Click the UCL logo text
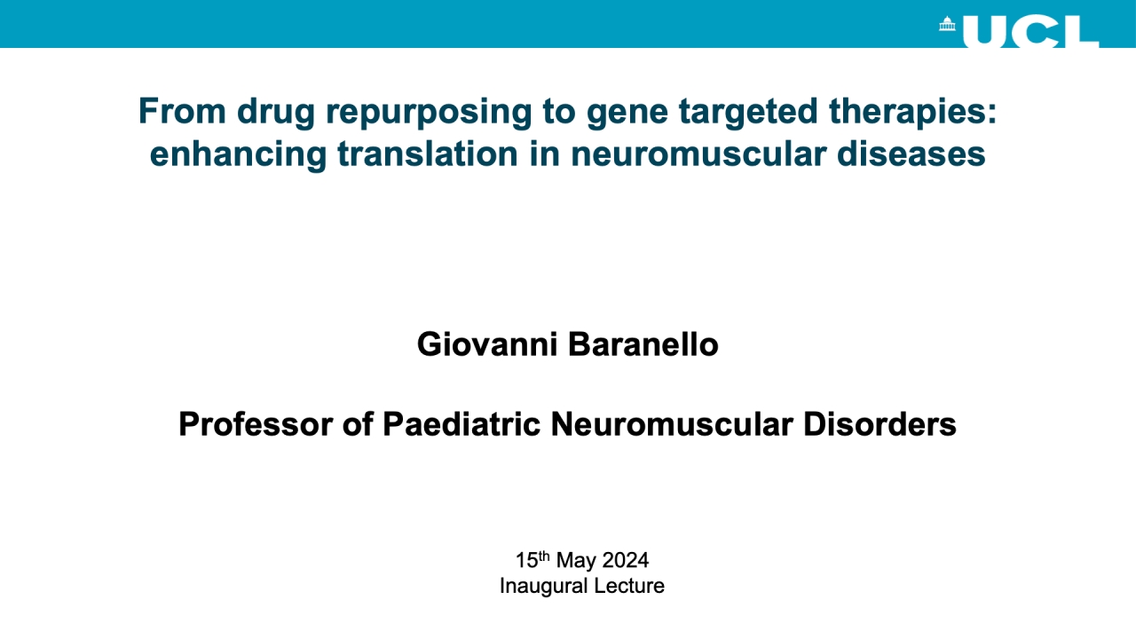click(1030, 31)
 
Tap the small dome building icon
click(947, 24)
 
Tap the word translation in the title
click(428, 154)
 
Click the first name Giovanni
click(487, 344)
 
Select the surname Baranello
click(643, 344)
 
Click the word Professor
click(255, 424)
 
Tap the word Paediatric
click(461, 424)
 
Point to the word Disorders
click(880, 424)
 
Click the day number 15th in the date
click(532, 560)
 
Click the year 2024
click(626, 560)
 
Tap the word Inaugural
click(544, 587)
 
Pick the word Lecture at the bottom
click(629, 586)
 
